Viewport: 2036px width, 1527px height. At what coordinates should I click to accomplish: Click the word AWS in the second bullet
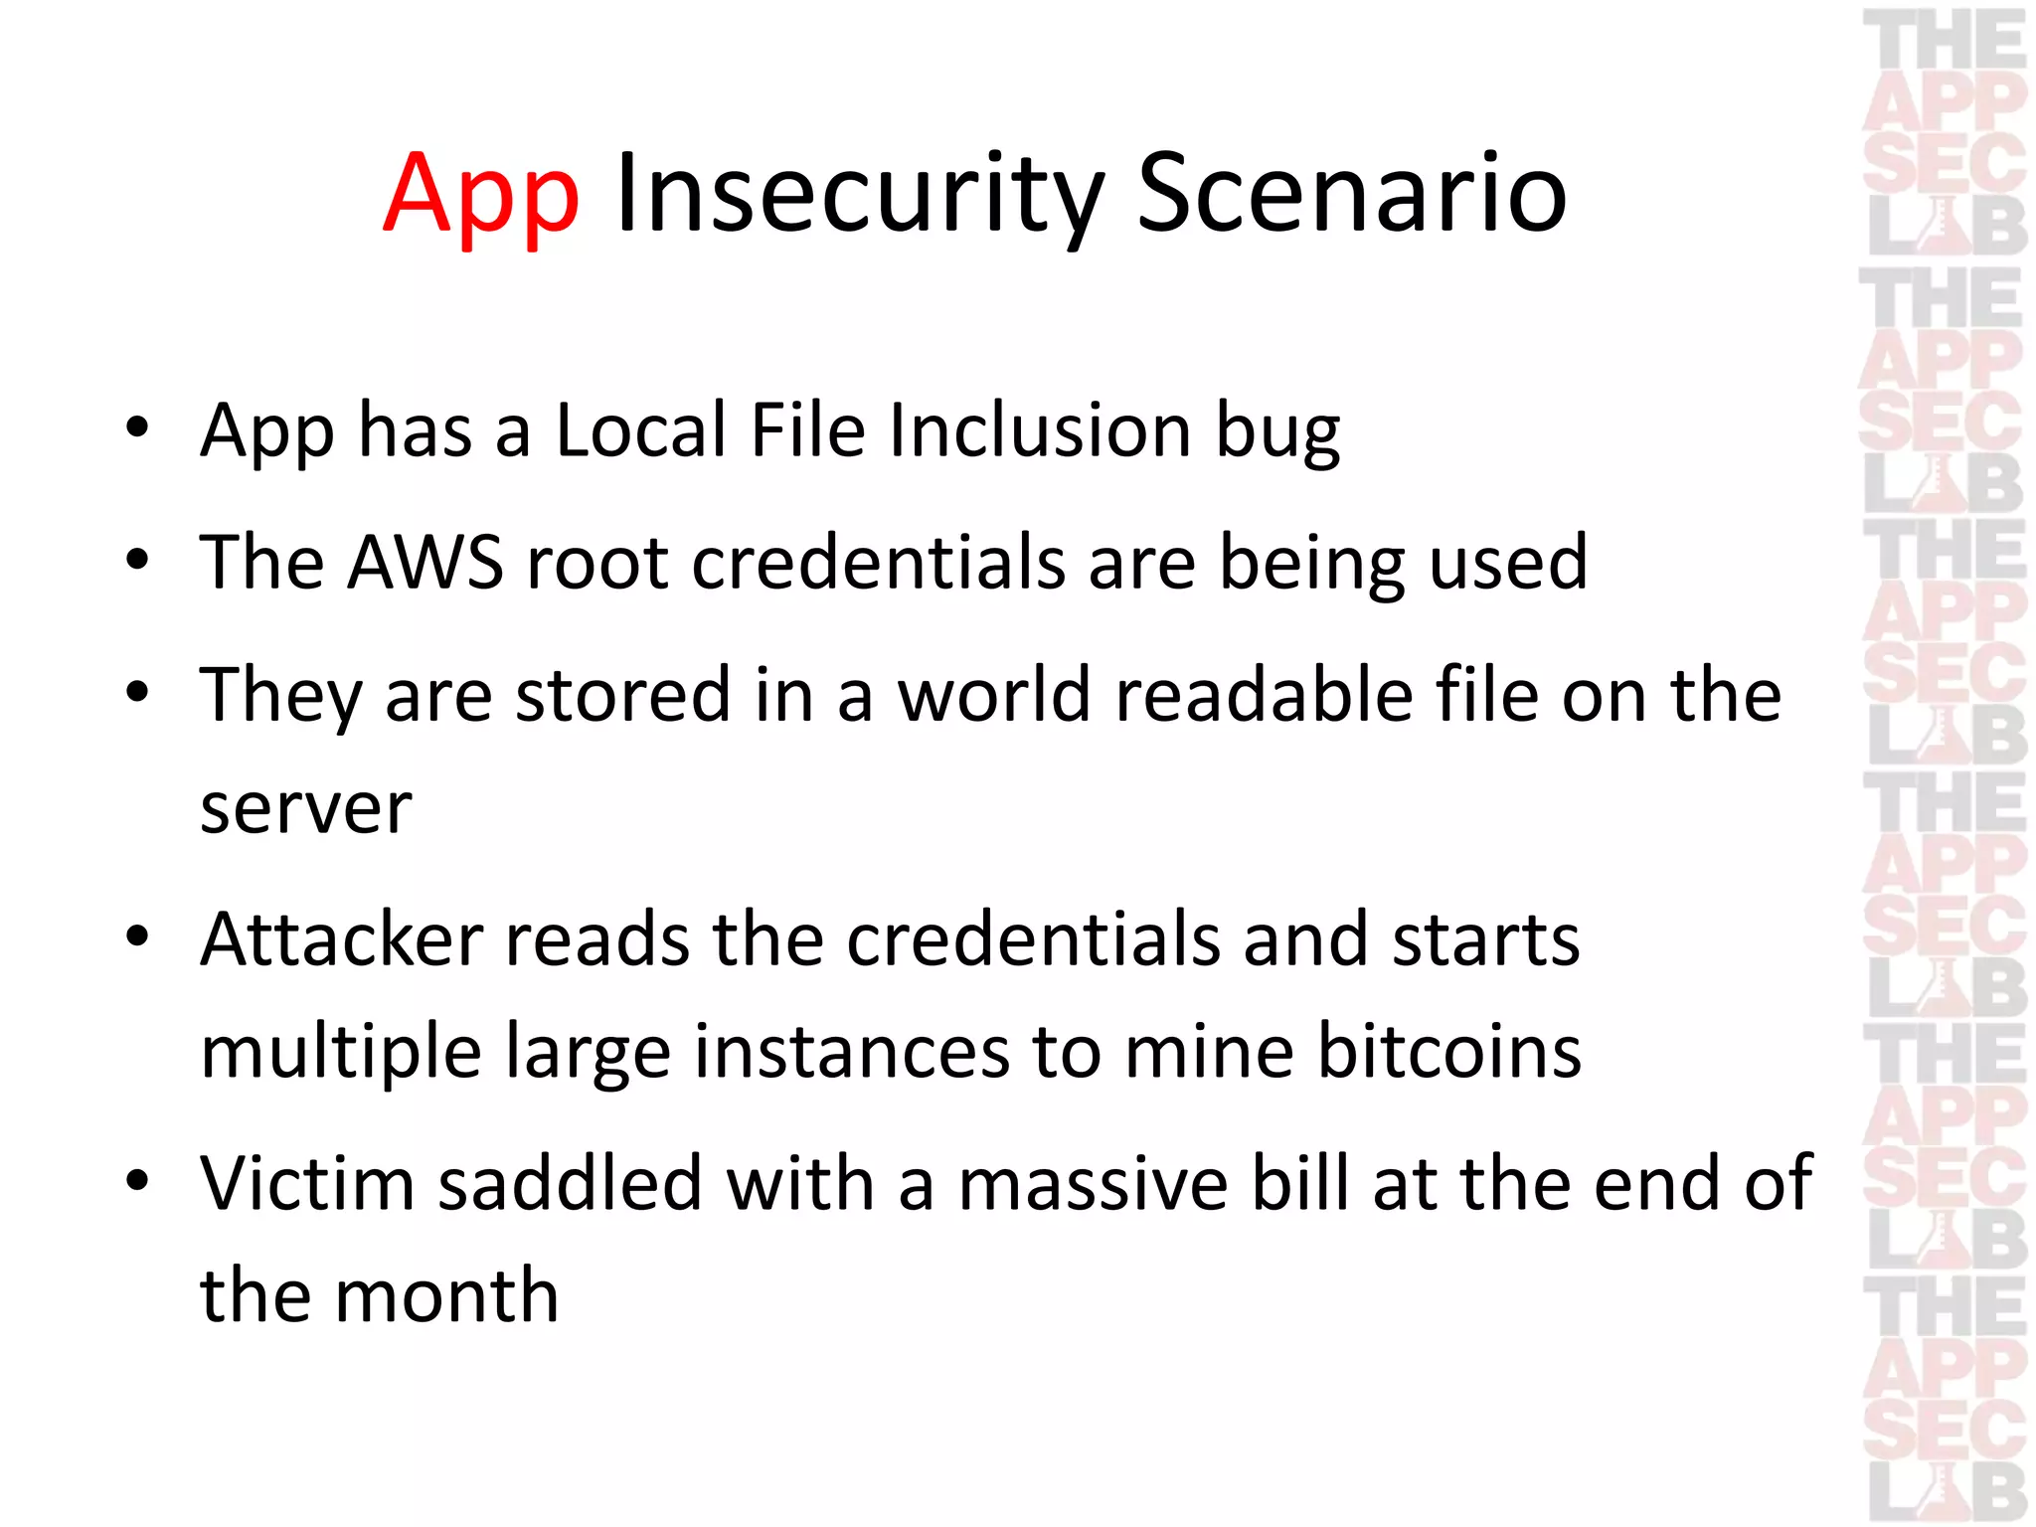click(425, 563)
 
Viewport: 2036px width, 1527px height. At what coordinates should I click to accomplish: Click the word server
click(306, 807)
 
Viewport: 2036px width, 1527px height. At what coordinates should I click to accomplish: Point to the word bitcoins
click(1448, 1052)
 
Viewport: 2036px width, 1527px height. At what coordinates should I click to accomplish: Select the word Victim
click(306, 1183)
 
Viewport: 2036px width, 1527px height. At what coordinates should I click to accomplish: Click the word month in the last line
click(446, 1296)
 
